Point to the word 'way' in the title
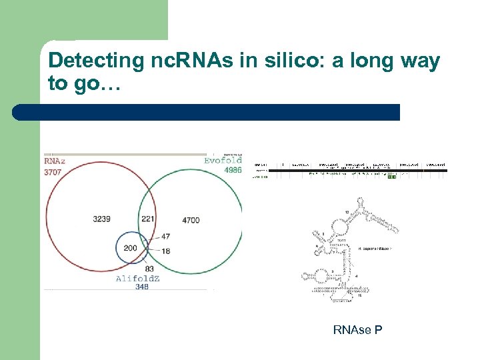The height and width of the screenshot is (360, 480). click(x=421, y=61)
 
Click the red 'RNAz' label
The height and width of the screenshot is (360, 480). click(x=55, y=161)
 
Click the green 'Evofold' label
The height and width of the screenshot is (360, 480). click(x=223, y=161)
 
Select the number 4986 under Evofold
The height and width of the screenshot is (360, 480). click(x=232, y=171)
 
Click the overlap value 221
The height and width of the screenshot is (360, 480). click(x=148, y=219)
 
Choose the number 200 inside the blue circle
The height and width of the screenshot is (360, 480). click(x=131, y=248)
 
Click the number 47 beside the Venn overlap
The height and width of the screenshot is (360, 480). click(x=165, y=237)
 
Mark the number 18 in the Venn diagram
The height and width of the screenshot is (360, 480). click(x=165, y=250)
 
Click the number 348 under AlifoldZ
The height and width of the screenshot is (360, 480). click(x=141, y=287)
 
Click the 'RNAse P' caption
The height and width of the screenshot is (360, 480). click(x=357, y=329)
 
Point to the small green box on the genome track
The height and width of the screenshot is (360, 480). click(x=391, y=177)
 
